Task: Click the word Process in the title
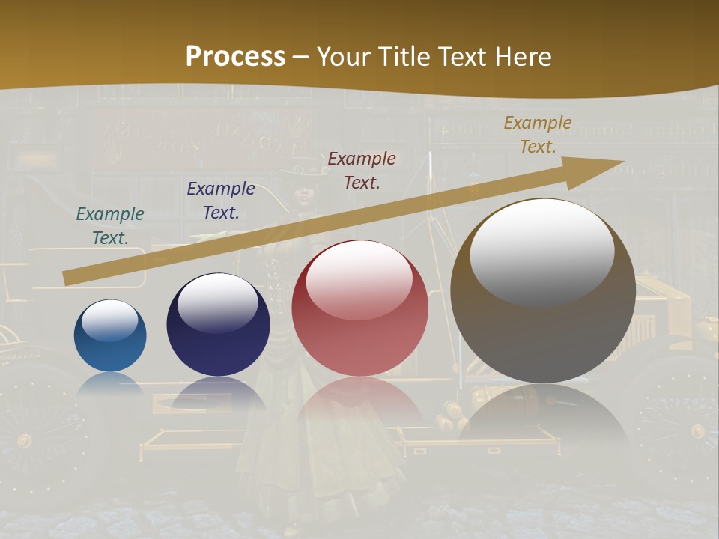click(235, 57)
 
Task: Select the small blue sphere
click(110, 336)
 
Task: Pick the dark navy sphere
click(218, 325)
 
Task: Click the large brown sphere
click(543, 291)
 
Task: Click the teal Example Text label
click(110, 226)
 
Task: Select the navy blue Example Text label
click(221, 201)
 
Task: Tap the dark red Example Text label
click(362, 170)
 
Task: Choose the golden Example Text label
click(538, 135)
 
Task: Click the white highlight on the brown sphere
click(541, 251)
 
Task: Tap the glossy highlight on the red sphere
click(359, 280)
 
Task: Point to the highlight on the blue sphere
click(109, 320)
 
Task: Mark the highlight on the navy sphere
click(217, 302)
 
